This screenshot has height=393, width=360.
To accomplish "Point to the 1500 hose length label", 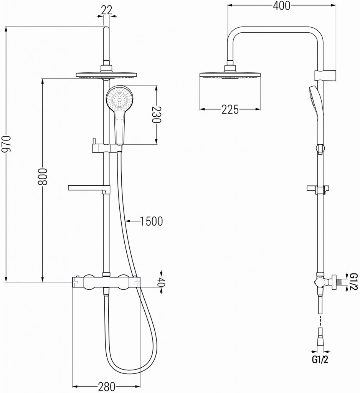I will pos(151,221).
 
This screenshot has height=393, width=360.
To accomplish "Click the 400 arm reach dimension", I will pos(281,5).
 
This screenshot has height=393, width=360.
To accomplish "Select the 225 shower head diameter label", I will pos(230,110).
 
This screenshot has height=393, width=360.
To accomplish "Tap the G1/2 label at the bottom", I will pos(320,360).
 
